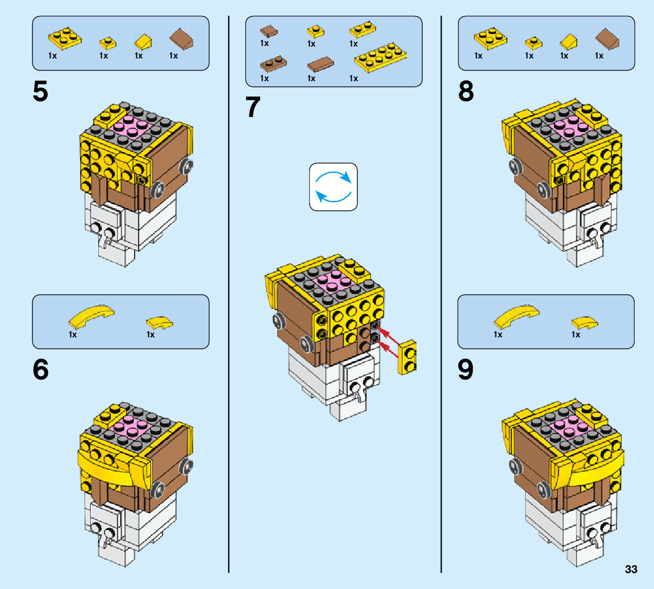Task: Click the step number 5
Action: [40, 93]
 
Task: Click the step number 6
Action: [40, 370]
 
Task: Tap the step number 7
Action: [253, 107]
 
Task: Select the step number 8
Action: [466, 93]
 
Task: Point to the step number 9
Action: [466, 370]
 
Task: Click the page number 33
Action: [631, 570]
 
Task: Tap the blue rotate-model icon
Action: [334, 187]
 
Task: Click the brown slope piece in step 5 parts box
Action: [181, 40]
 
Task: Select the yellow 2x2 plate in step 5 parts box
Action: [65, 37]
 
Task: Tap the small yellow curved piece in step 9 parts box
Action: [584, 323]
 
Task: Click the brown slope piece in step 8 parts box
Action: [607, 40]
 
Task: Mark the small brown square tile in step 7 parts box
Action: [268, 31]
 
